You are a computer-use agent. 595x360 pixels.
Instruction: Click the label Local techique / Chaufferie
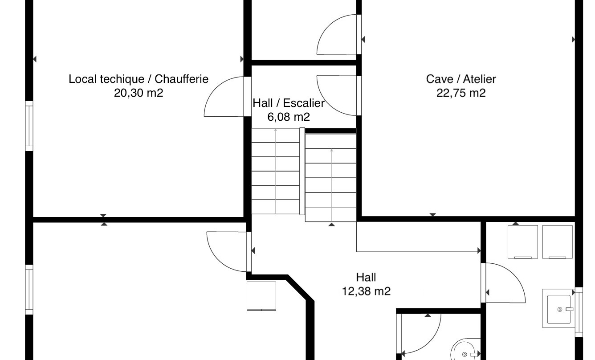click(139, 79)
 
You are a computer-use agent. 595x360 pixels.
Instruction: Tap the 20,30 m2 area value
click(139, 93)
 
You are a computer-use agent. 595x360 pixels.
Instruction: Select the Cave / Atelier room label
click(461, 79)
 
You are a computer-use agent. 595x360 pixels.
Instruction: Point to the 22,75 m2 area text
click(461, 93)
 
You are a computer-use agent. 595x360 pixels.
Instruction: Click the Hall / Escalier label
click(289, 103)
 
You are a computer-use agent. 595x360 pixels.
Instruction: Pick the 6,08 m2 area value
click(289, 117)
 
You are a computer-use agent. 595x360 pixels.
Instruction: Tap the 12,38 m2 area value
click(366, 291)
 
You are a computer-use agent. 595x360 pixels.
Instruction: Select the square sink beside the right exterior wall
click(558, 309)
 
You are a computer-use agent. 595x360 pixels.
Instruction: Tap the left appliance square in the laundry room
click(523, 242)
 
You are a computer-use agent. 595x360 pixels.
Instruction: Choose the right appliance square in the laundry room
click(557, 242)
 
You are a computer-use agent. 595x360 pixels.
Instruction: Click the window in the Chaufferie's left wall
click(29, 126)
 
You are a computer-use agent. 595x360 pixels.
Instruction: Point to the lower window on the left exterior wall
click(29, 290)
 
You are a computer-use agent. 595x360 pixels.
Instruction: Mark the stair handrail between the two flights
click(302, 172)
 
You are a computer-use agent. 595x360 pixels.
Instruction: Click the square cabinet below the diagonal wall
click(261, 296)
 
